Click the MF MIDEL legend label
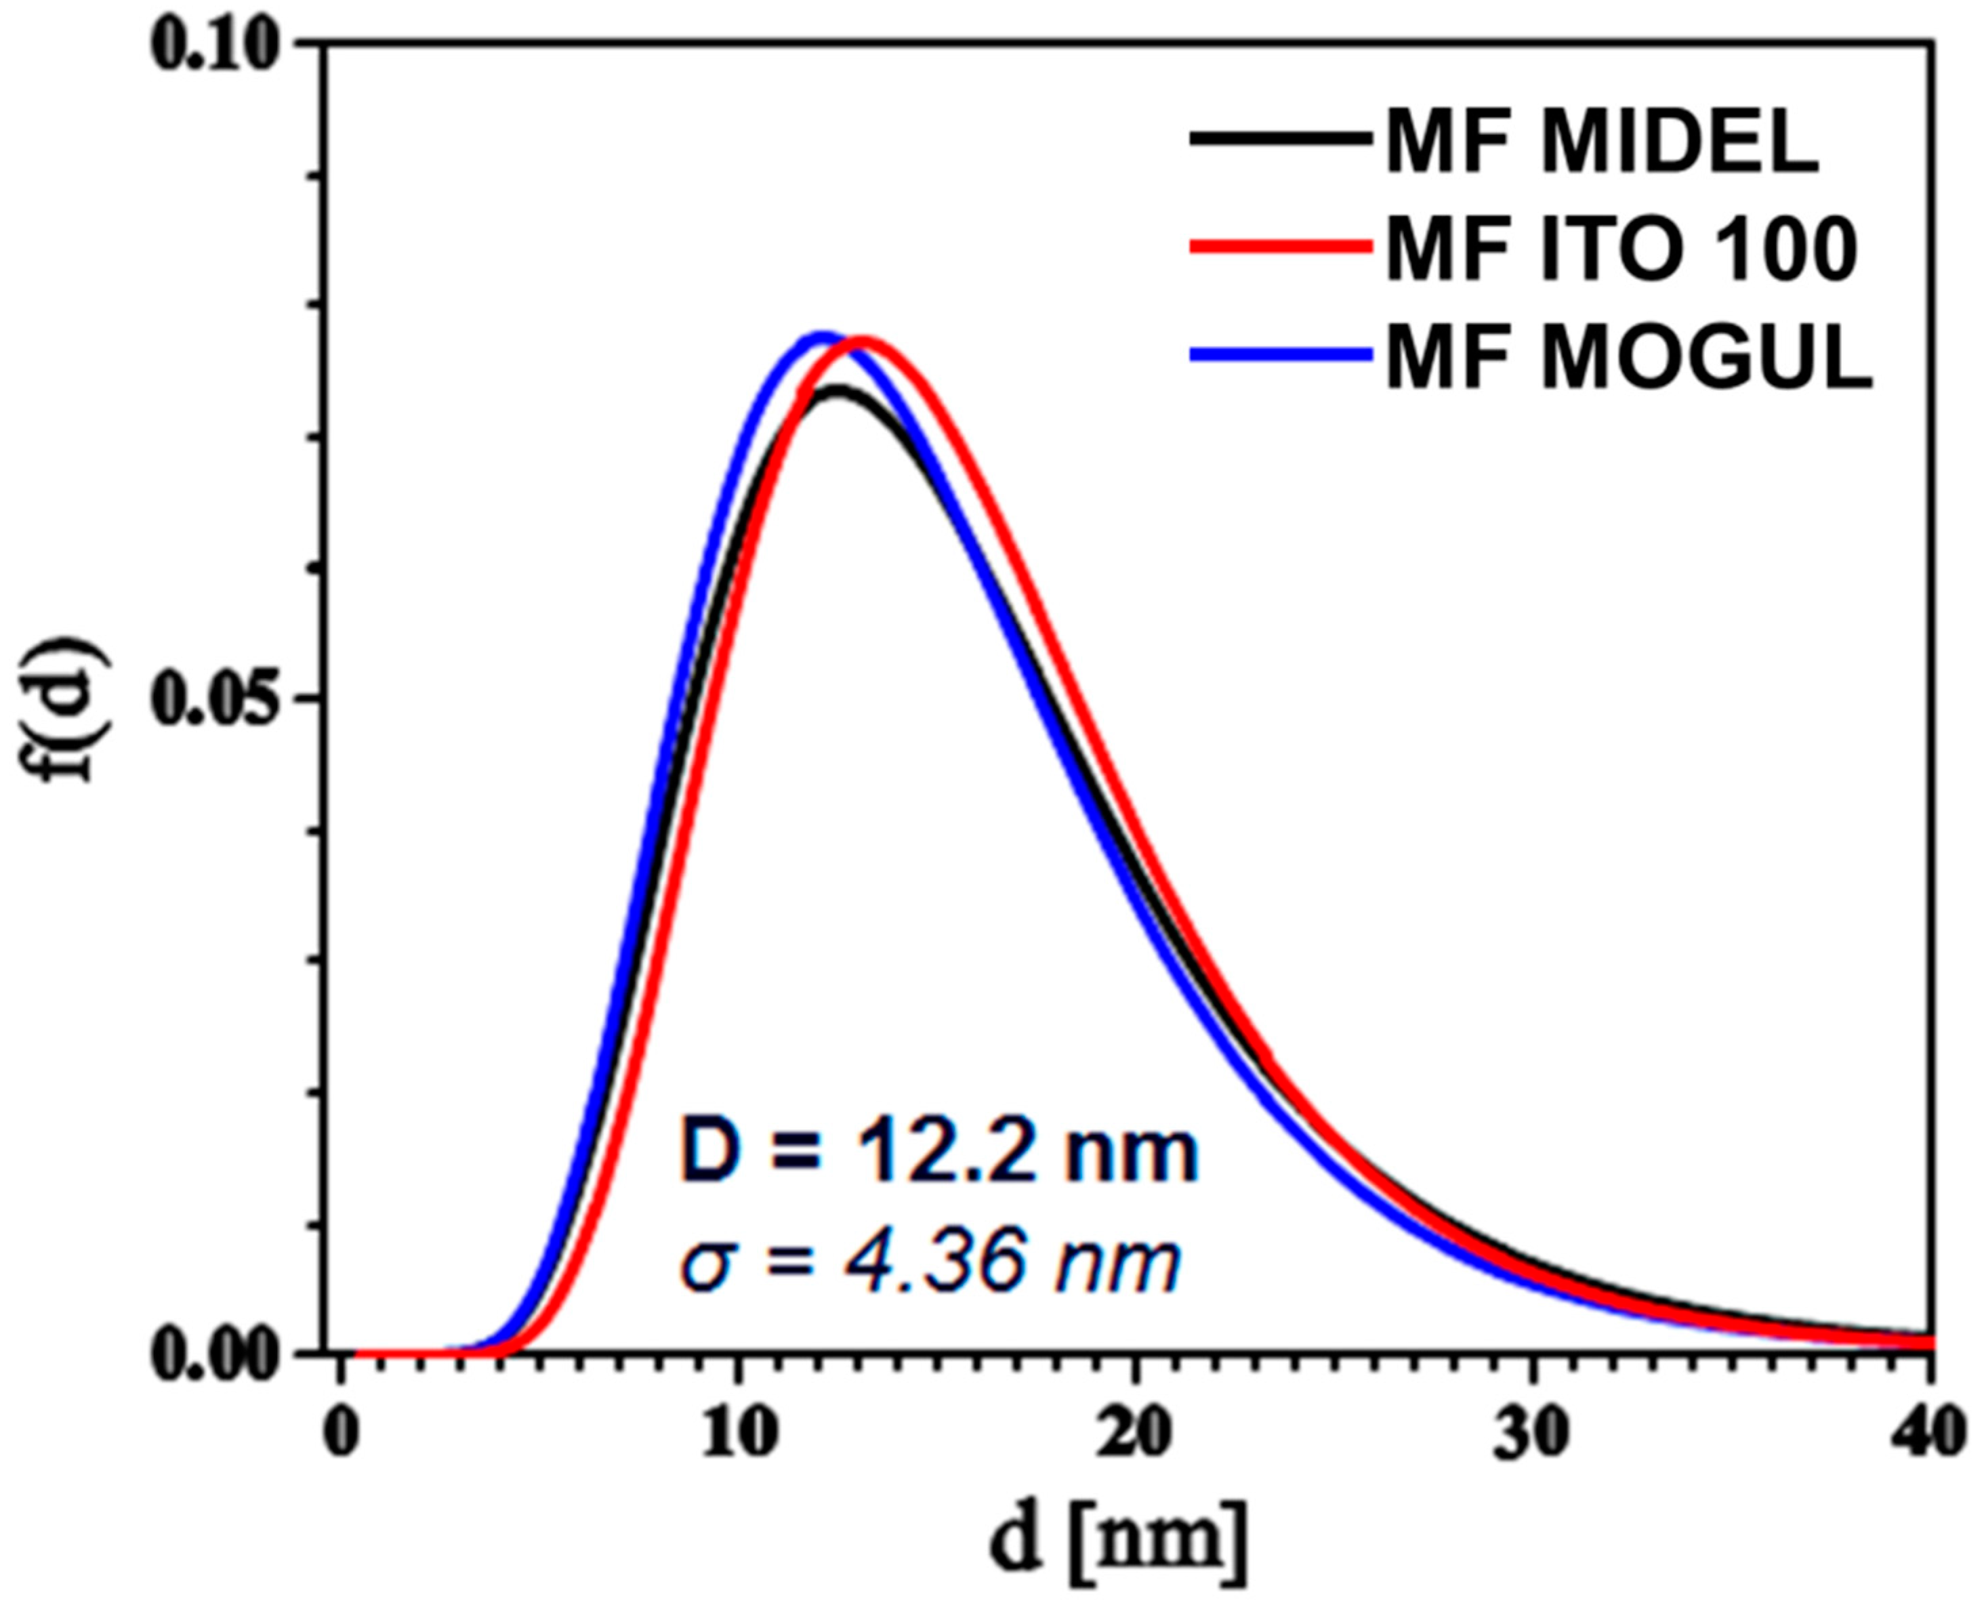tap(1602, 144)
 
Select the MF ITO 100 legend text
tap(1620, 250)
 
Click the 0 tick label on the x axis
tap(343, 1435)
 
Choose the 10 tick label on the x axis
tap(738, 1435)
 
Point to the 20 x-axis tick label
tap(1135, 1435)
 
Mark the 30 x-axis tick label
tap(1532, 1435)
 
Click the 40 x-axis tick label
tap(1928, 1435)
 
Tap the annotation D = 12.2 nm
tap(937, 1152)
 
